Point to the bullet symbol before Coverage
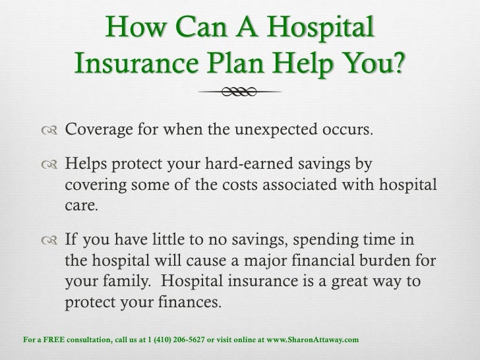[x=51, y=128]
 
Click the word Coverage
[x=102, y=127]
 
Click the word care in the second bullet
[x=80, y=201]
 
